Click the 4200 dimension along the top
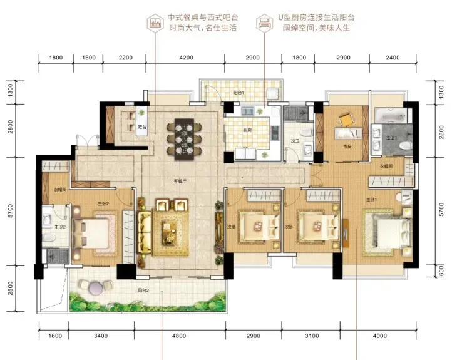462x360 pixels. pyautogui.click(x=186, y=58)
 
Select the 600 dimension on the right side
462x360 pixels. pyautogui.click(x=442, y=271)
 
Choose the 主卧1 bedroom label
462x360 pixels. pyautogui.click(x=372, y=199)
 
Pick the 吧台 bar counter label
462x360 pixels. pyautogui.click(x=142, y=127)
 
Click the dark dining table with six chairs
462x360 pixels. pyautogui.click(x=181, y=135)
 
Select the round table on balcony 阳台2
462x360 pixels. pyautogui.click(x=96, y=287)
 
